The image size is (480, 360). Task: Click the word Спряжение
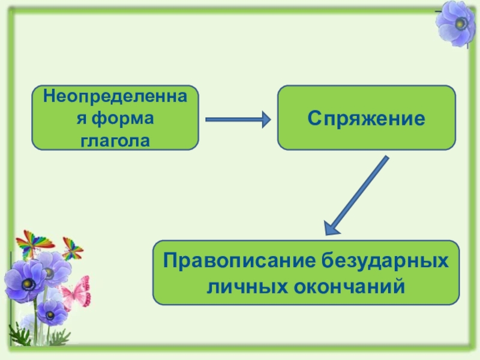[366, 118]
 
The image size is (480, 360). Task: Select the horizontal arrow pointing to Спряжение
[238, 120]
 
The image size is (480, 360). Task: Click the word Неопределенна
[115, 95]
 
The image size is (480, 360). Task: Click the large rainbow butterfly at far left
[33, 244]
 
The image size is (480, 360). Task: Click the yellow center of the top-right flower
[460, 24]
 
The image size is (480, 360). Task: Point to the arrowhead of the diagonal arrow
[332, 227]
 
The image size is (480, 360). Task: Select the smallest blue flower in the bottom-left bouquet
[52, 312]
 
